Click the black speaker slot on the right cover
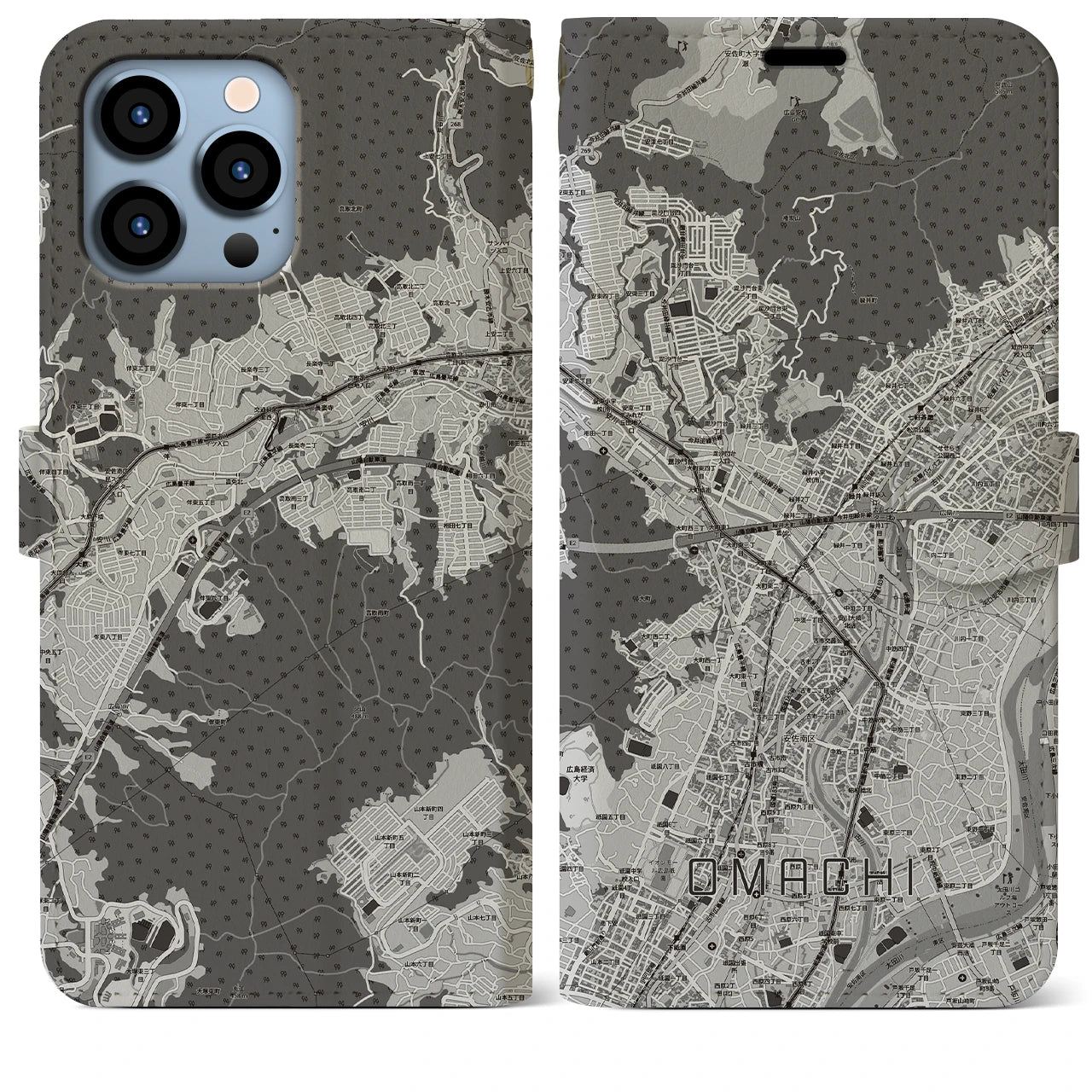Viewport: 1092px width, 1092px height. (x=804, y=58)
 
